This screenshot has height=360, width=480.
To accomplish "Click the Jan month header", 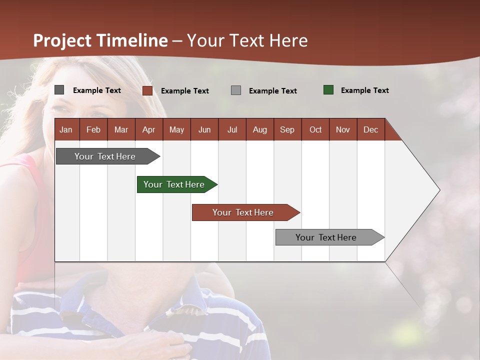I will point(66,129).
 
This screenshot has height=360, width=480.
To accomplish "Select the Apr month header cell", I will point(149,129).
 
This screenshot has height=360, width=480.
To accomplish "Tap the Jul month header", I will point(232,129).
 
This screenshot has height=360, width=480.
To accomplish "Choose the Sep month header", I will point(287,129).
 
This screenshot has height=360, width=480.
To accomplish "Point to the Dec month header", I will point(370,129).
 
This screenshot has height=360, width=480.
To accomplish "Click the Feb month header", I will point(93,129).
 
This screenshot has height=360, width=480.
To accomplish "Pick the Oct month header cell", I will point(315,129).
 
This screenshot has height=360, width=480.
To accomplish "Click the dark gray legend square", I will point(59,90).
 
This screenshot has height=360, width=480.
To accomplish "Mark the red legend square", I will point(147,90).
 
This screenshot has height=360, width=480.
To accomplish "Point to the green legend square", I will point(328,90).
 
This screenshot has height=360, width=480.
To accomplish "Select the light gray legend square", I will point(236,90).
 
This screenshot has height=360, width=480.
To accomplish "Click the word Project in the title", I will point(62,40).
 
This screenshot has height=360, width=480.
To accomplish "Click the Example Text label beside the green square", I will point(364,90).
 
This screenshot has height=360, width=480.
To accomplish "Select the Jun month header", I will point(204,129).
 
